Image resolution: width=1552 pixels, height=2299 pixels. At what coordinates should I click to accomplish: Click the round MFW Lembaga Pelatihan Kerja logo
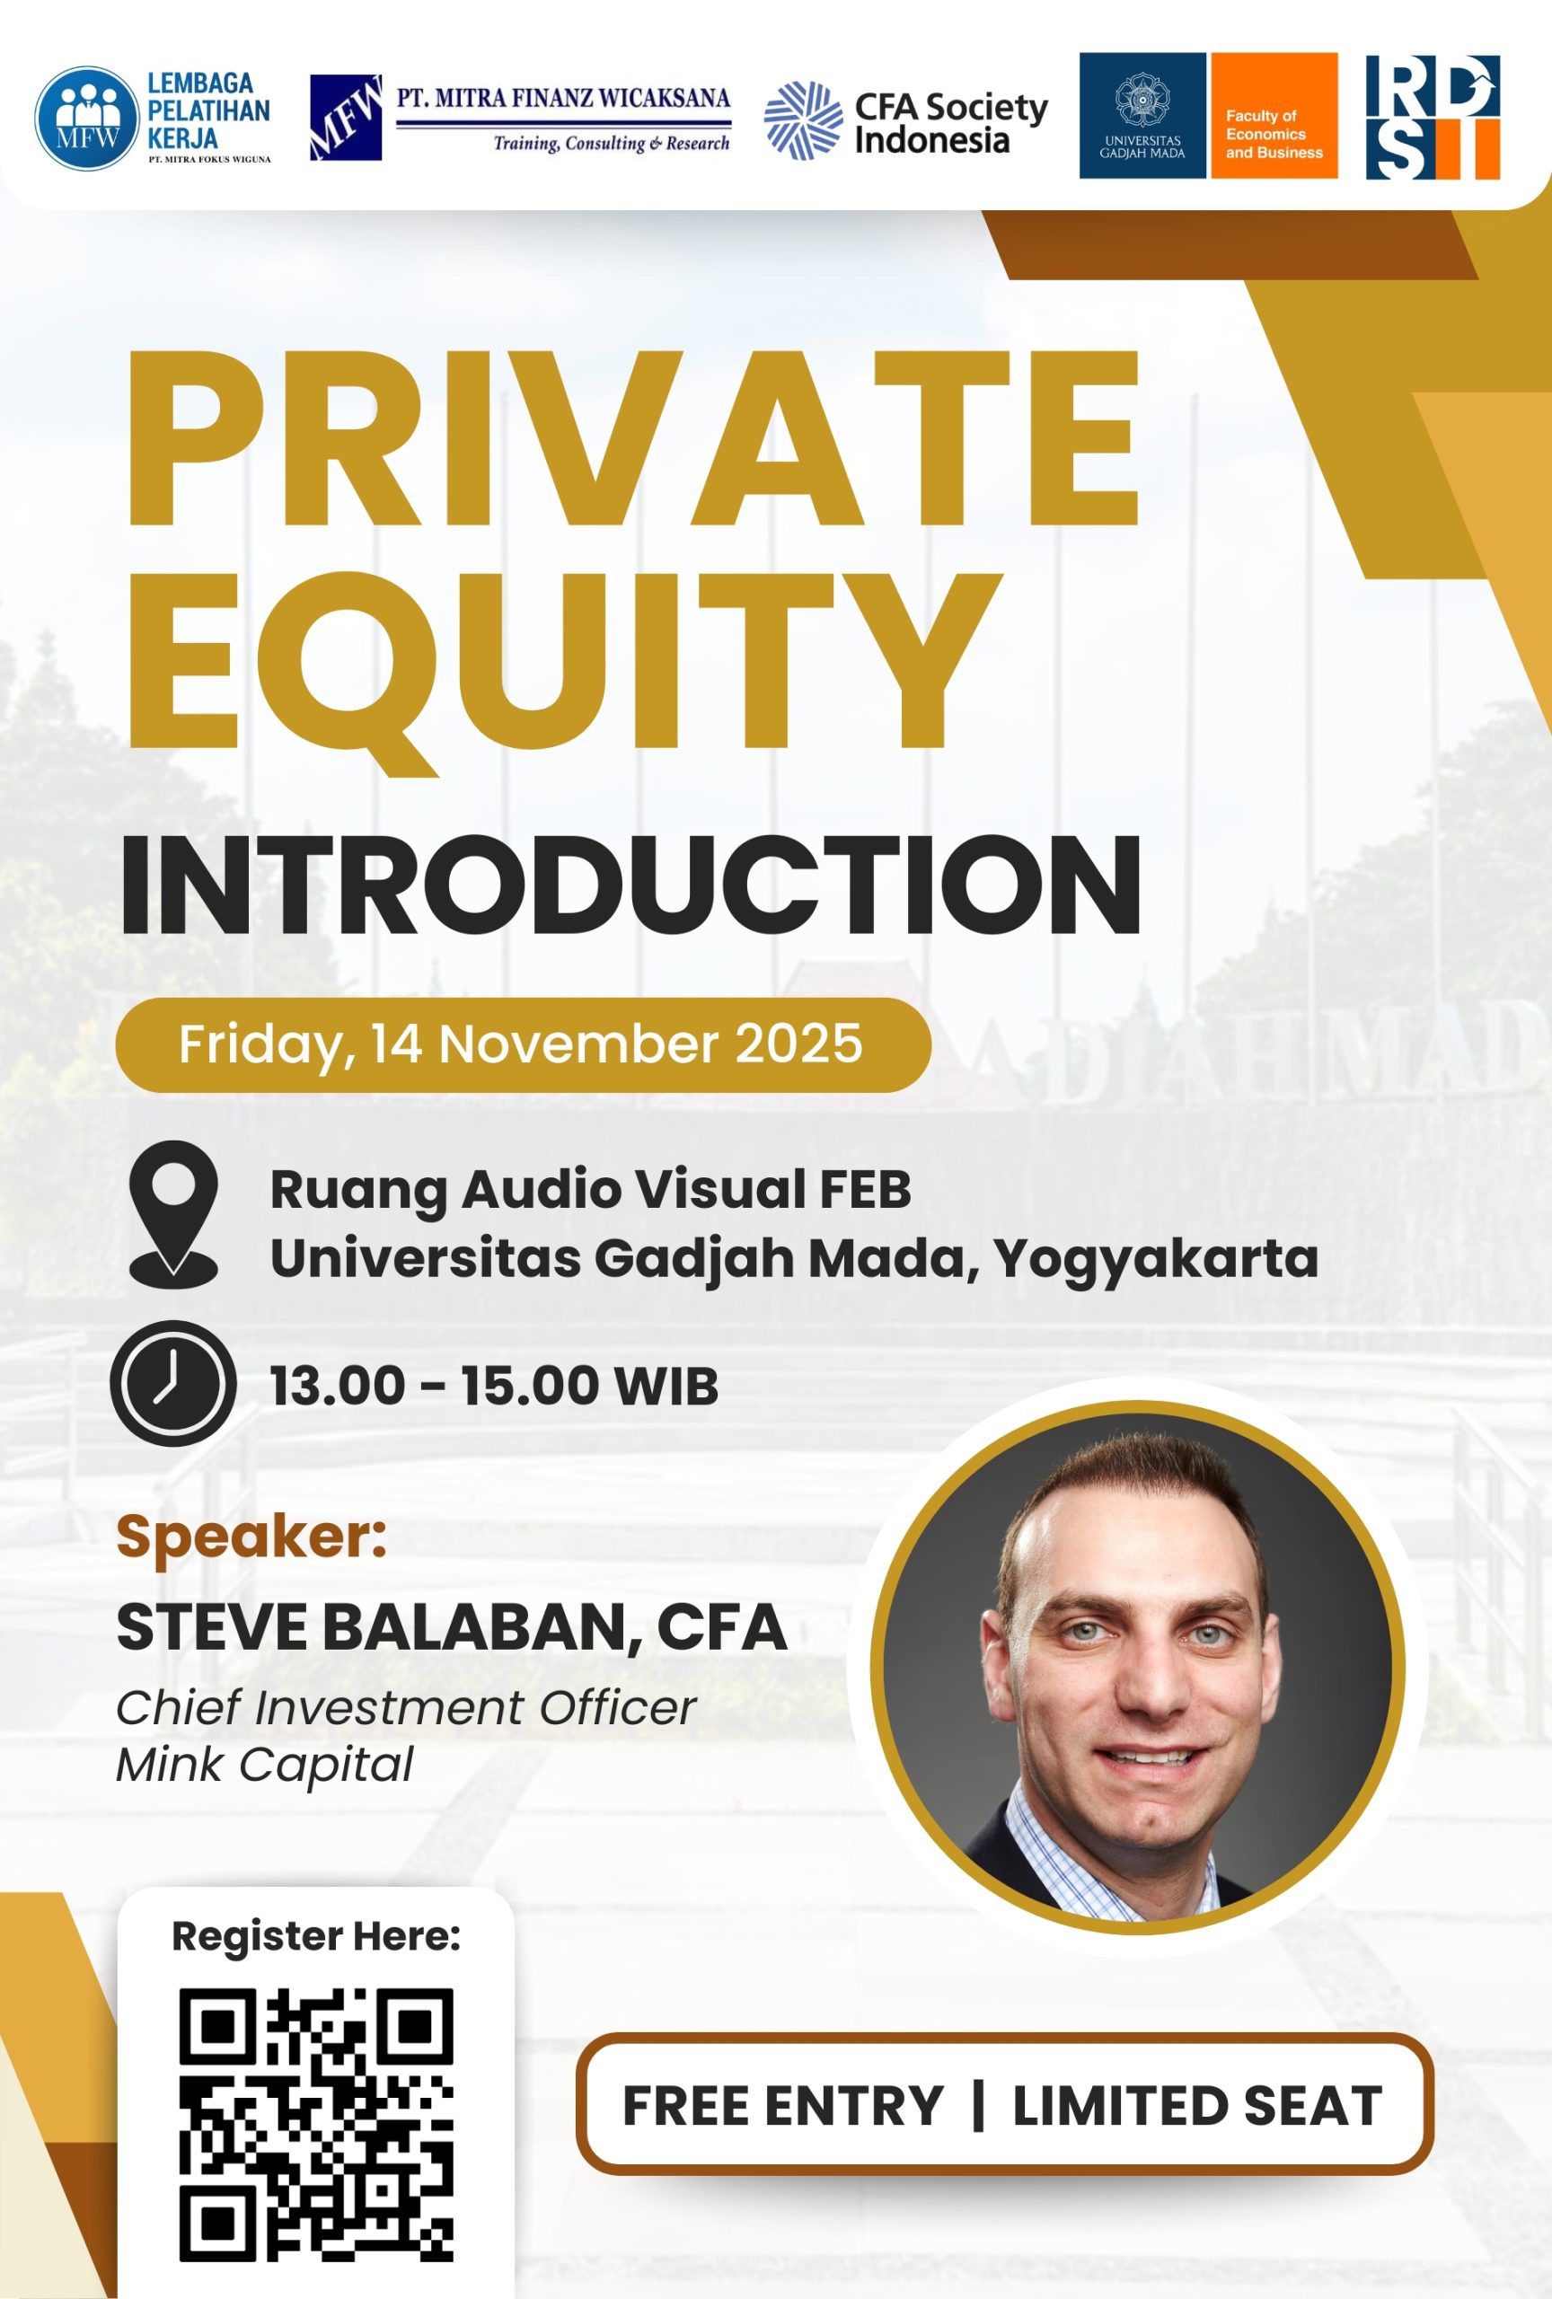pyautogui.click(x=87, y=119)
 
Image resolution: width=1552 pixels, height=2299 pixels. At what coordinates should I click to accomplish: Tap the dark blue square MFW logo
pyautogui.click(x=345, y=117)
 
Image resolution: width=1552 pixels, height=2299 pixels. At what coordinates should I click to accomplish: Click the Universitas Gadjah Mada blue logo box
pyautogui.click(x=1142, y=116)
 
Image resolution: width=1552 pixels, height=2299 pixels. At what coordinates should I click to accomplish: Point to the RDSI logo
pyautogui.click(x=1433, y=117)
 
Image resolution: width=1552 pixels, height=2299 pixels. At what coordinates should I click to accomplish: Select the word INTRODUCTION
pyautogui.click(x=630, y=884)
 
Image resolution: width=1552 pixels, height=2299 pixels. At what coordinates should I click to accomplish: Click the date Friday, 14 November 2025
pyautogui.click(x=520, y=1044)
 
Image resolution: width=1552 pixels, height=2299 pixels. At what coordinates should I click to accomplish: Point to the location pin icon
pyautogui.click(x=173, y=1214)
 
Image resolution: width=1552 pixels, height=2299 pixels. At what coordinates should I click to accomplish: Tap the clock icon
pyautogui.click(x=173, y=1383)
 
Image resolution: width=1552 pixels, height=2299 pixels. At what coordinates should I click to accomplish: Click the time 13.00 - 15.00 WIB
pyautogui.click(x=494, y=1385)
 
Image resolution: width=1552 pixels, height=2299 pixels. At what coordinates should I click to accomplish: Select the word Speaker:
pyautogui.click(x=251, y=1537)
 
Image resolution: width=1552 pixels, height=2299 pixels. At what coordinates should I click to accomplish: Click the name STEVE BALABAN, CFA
pyautogui.click(x=451, y=1627)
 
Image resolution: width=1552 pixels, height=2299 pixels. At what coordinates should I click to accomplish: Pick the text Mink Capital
pyautogui.click(x=264, y=1765)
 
